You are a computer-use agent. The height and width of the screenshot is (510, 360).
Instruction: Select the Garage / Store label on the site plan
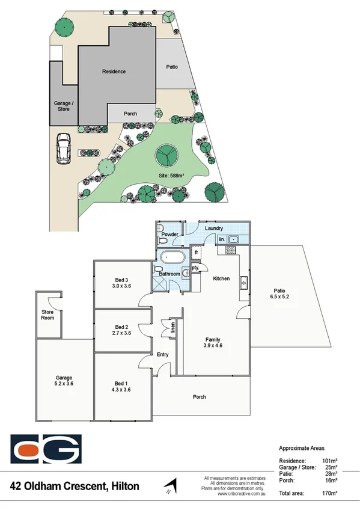click(x=63, y=106)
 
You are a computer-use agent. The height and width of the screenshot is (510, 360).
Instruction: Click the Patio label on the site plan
click(x=172, y=67)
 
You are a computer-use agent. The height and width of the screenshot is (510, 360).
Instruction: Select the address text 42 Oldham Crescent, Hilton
click(x=75, y=485)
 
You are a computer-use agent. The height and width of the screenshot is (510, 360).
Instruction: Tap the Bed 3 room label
click(x=122, y=280)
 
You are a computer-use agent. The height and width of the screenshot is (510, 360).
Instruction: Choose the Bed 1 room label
click(x=122, y=383)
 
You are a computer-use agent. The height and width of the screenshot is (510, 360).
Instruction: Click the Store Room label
click(x=47, y=315)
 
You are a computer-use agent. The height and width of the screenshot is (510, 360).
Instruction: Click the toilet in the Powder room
click(x=161, y=239)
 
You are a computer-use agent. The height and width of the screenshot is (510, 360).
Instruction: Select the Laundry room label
click(x=213, y=229)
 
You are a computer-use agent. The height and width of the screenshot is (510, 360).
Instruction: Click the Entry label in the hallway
click(x=163, y=355)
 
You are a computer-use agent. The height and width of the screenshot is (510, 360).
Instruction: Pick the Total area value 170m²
click(x=329, y=493)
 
